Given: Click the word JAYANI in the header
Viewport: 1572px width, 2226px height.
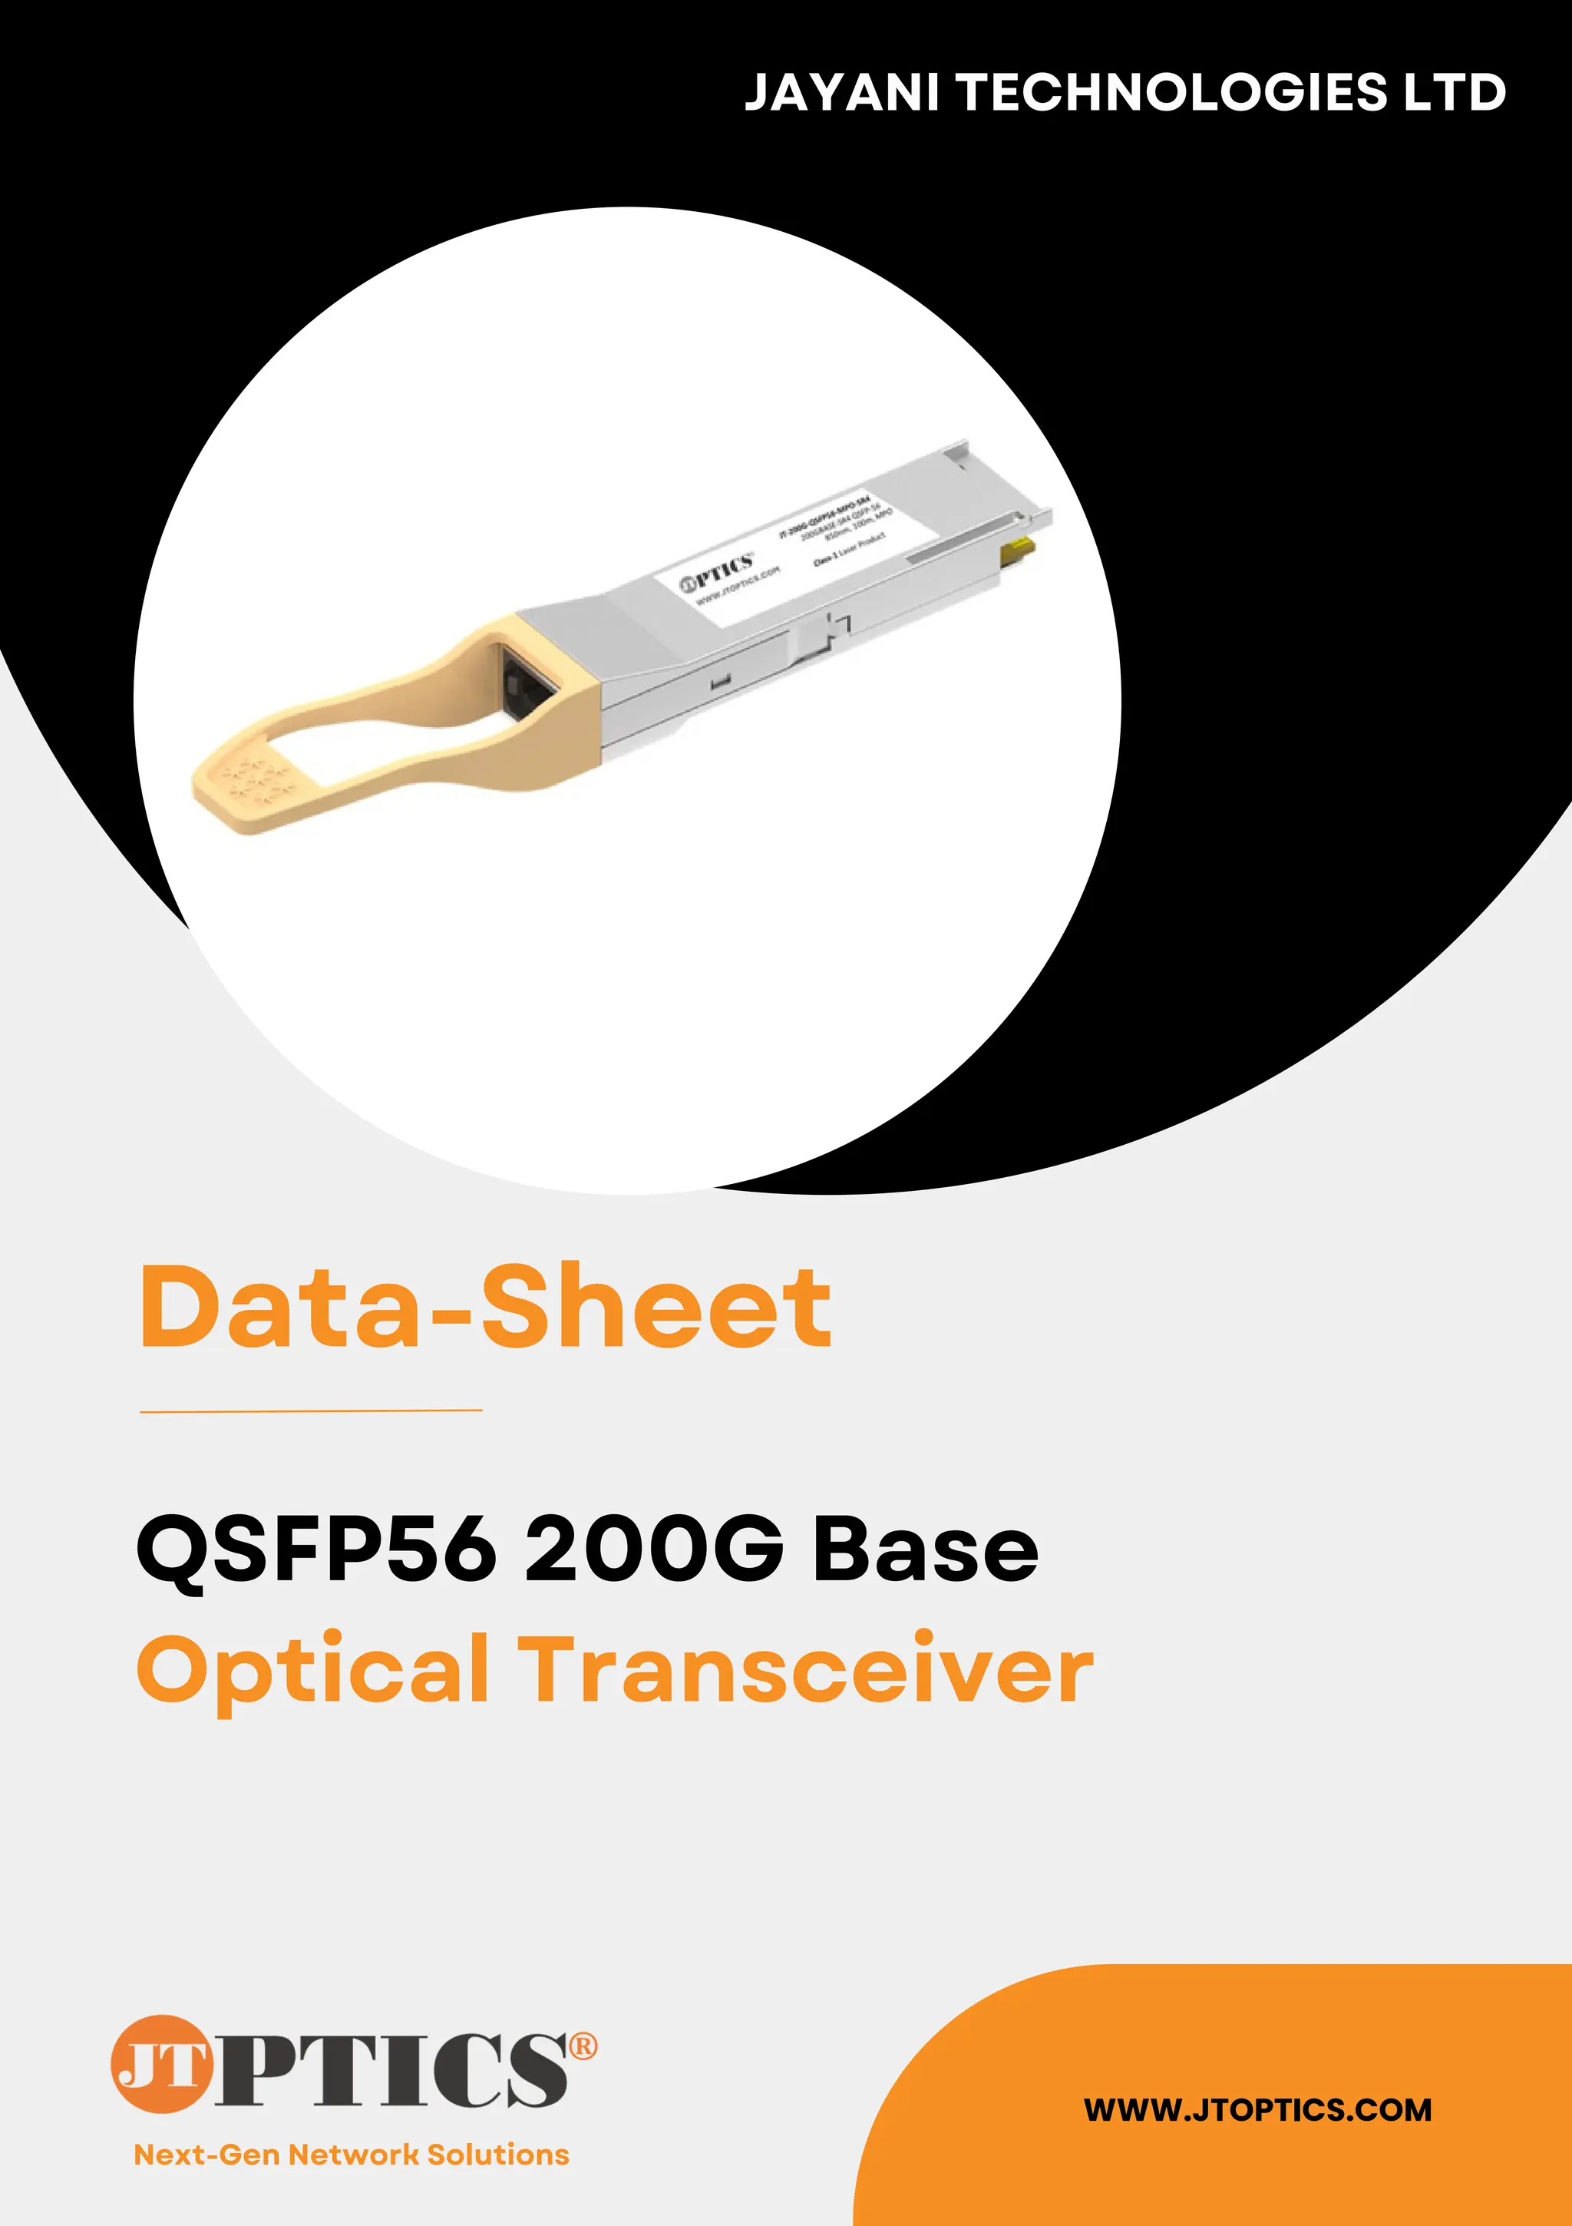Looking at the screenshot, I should click(x=840, y=93).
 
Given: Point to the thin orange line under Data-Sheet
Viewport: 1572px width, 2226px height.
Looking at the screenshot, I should click(x=311, y=1411).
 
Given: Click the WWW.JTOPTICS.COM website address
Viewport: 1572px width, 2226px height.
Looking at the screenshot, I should click(x=1257, y=2109).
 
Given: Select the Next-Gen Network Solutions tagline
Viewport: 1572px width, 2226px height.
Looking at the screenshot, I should click(x=351, y=2155).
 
